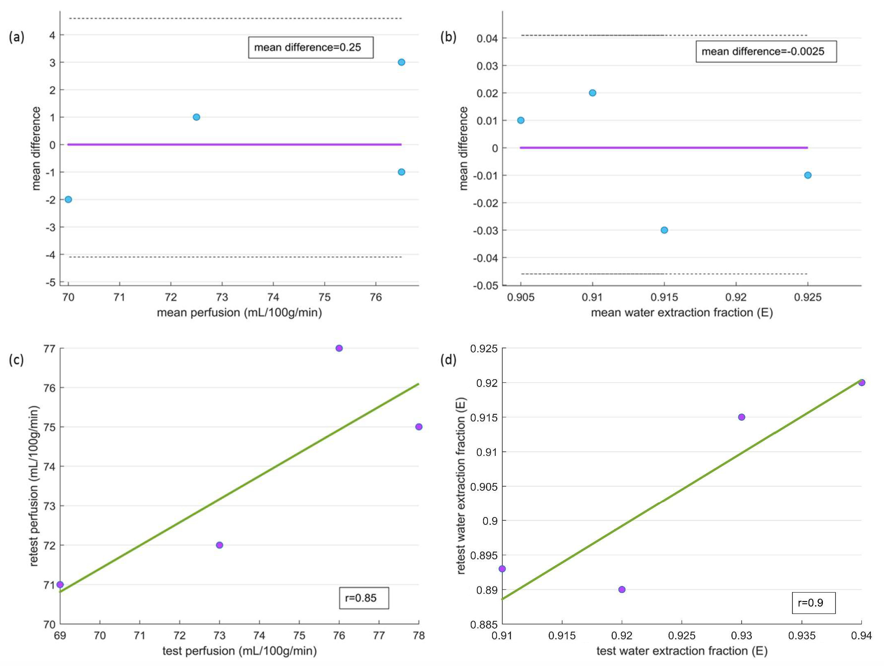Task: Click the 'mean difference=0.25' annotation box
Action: coord(311,48)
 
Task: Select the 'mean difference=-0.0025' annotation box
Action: coord(766,52)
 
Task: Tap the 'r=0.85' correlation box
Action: coord(364,598)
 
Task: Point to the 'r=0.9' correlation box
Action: coord(813,602)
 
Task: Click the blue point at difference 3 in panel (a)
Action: coord(401,62)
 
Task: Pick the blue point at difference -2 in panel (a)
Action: coord(69,199)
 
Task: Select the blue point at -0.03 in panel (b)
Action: coord(664,230)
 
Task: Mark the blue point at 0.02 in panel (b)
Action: coord(593,93)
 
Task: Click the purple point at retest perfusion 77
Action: coord(339,348)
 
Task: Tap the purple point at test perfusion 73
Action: coord(220,545)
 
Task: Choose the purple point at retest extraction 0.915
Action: coord(742,417)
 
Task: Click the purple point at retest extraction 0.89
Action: coord(622,590)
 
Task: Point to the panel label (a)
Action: coord(16,37)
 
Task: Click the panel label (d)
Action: coord(448,360)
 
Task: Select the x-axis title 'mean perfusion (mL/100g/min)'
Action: coord(239,313)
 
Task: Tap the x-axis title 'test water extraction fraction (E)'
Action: coord(682,651)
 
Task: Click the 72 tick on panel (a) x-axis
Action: coord(171,297)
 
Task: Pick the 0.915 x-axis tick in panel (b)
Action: coord(664,297)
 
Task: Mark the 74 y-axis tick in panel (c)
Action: coord(49,467)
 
